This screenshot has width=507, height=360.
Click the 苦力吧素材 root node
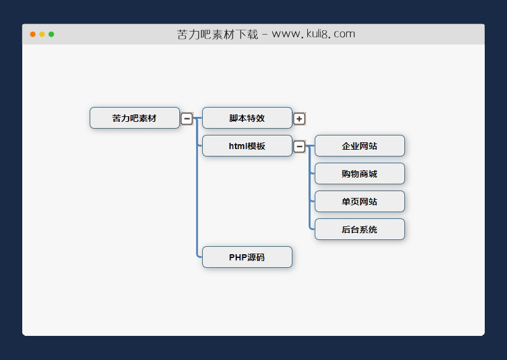coord(135,118)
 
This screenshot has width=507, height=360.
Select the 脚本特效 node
coord(247,118)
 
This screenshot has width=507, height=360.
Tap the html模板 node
coord(247,146)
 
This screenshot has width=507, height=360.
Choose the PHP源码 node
coord(247,257)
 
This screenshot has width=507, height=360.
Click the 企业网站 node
coord(359,146)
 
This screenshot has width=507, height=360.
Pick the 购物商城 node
coord(359,174)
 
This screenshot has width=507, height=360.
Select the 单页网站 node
coord(359,202)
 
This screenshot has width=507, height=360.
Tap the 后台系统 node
coord(359,229)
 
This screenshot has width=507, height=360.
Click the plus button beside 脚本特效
coord(299,118)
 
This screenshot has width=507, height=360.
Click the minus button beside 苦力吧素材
coord(187,118)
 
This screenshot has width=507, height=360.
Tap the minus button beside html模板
coord(299,147)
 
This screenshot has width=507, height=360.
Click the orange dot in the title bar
coord(33,34)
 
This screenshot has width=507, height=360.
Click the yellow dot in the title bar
coord(42,34)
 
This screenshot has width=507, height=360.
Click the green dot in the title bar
coord(51,34)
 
